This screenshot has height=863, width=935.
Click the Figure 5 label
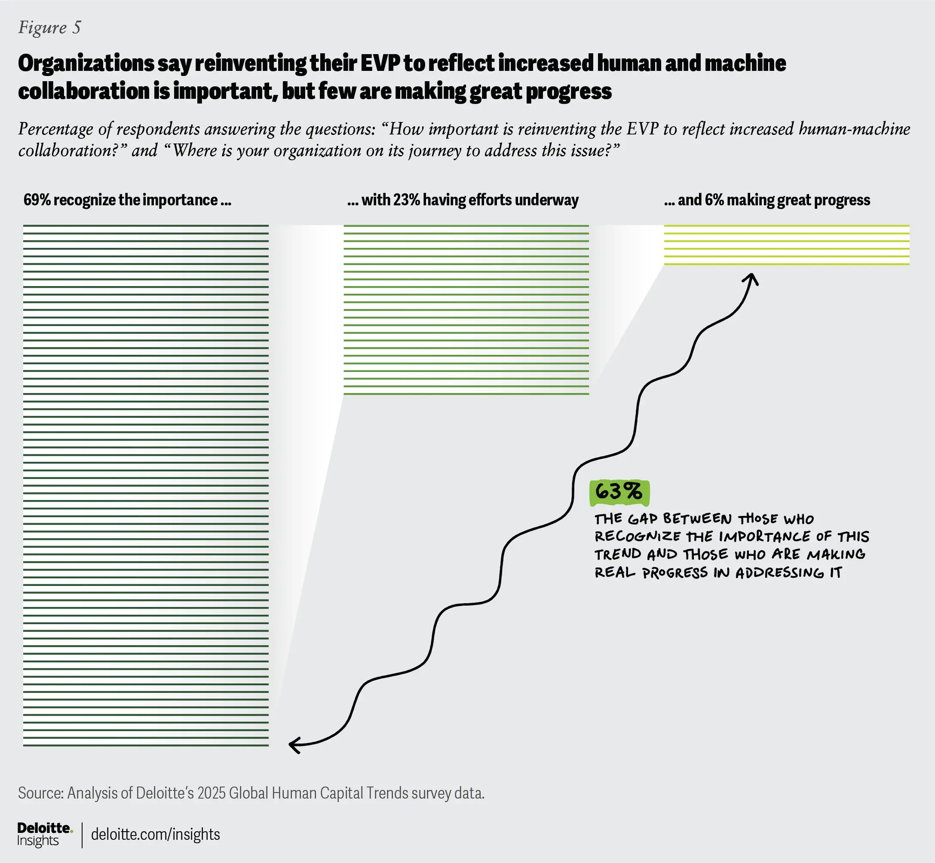point(49,27)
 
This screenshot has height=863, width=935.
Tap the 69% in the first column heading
point(37,200)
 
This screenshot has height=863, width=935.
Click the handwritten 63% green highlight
point(619,492)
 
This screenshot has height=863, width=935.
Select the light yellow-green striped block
point(786,245)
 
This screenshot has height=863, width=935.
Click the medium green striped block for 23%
point(466,310)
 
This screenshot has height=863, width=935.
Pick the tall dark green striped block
point(146,486)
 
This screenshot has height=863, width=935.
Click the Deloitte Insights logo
point(44,834)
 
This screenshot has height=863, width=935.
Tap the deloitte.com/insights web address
point(155,834)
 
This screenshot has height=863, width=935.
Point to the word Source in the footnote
point(40,793)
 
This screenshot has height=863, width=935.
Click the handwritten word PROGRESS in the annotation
point(675,573)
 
